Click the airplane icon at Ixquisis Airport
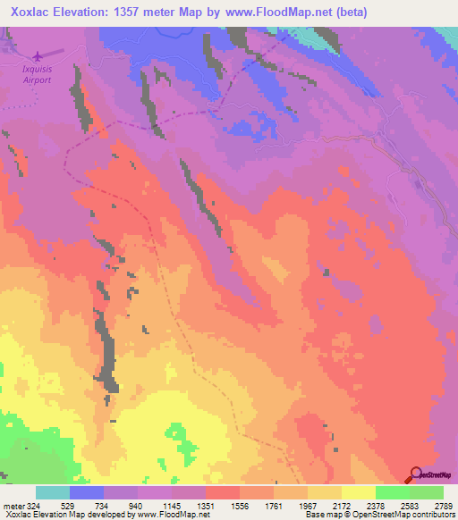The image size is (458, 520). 38,55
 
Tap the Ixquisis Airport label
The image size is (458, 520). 38,72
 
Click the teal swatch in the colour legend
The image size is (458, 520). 53,493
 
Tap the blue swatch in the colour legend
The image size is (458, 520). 87,493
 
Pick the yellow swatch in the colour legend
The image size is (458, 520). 358,493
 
